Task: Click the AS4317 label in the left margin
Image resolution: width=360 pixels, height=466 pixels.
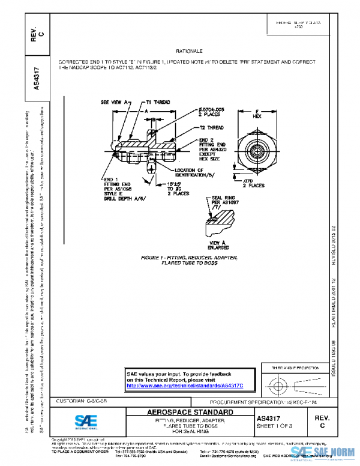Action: tap(37, 78)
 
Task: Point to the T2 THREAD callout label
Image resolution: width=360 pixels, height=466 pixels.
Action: tap(211, 128)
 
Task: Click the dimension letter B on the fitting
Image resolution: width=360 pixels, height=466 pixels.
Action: tap(154, 120)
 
